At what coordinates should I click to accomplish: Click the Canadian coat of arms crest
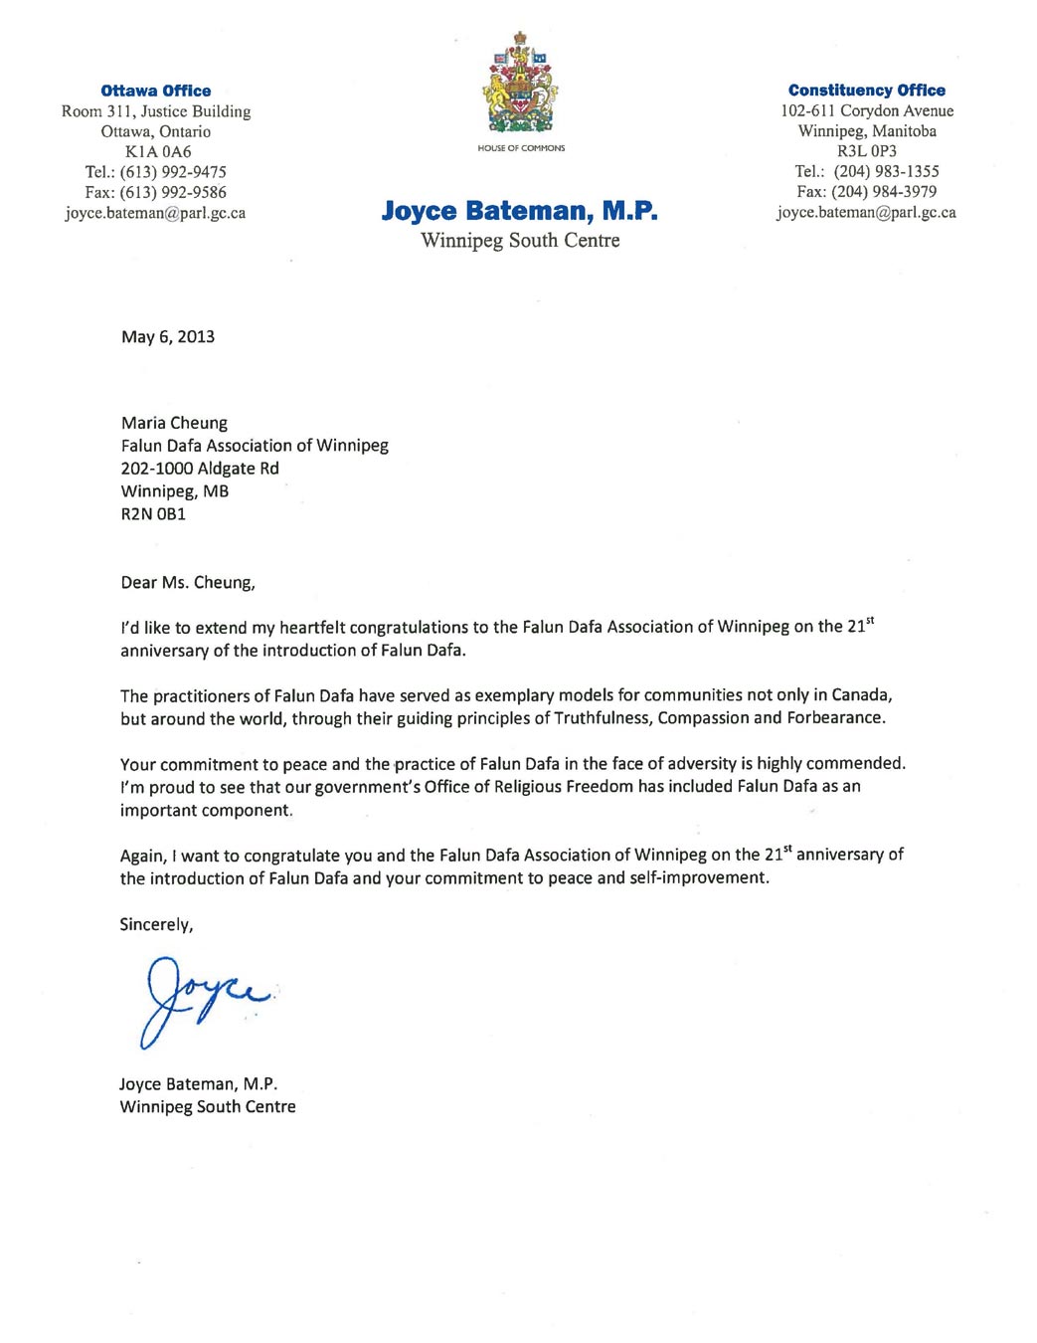[520, 84]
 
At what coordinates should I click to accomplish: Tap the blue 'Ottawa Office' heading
[156, 91]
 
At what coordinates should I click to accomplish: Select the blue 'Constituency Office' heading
[866, 91]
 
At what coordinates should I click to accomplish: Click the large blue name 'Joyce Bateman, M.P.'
[519, 211]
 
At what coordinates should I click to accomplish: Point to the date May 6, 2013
[168, 336]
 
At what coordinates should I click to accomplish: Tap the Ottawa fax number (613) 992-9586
[173, 192]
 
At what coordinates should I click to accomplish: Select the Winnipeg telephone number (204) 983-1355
[886, 171]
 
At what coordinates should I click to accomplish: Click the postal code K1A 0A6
[157, 151]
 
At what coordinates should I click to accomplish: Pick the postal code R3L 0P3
[866, 151]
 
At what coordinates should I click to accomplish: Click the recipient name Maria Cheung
[174, 423]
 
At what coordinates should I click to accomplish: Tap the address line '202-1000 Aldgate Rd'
[200, 468]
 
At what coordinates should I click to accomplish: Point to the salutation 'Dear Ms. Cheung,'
[188, 582]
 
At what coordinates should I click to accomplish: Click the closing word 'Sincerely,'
[156, 924]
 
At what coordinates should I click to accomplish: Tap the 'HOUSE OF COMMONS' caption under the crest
[521, 148]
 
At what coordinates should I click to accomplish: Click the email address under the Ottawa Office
[155, 213]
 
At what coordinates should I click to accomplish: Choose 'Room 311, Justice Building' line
[156, 111]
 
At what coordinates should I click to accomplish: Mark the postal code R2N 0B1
[153, 513]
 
